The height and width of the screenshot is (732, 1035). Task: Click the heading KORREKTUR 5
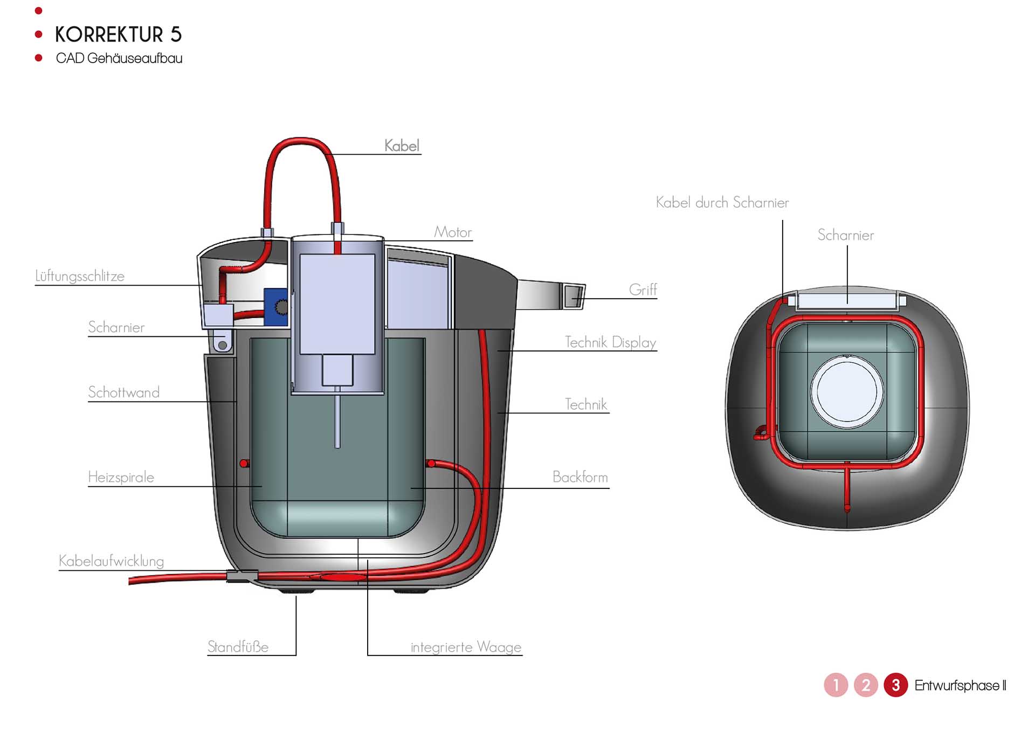click(118, 34)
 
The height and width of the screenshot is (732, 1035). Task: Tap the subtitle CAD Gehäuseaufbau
click(119, 58)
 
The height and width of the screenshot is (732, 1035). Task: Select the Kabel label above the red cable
click(402, 146)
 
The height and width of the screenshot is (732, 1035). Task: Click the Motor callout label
click(453, 232)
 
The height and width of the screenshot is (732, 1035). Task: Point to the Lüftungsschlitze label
click(80, 276)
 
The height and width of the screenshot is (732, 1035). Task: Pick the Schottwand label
click(124, 392)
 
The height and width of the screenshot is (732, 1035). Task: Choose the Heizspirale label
click(121, 477)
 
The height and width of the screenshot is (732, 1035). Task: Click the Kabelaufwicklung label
click(111, 561)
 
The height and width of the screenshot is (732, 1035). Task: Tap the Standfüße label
click(238, 646)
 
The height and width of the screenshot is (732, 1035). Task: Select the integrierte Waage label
click(466, 647)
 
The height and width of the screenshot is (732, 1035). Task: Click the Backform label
click(580, 477)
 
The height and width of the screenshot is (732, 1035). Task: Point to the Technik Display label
click(610, 342)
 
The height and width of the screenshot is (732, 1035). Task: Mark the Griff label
click(643, 290)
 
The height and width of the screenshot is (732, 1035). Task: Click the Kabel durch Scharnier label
click(722, 203)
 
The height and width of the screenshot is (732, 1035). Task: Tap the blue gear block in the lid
click(276, 307)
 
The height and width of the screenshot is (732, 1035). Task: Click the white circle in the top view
click(847, 391)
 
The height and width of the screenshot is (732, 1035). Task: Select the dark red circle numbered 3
click(895, 685)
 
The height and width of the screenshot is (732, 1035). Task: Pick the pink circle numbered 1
click(836, 685)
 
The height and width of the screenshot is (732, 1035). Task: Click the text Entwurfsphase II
click(960, 686)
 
